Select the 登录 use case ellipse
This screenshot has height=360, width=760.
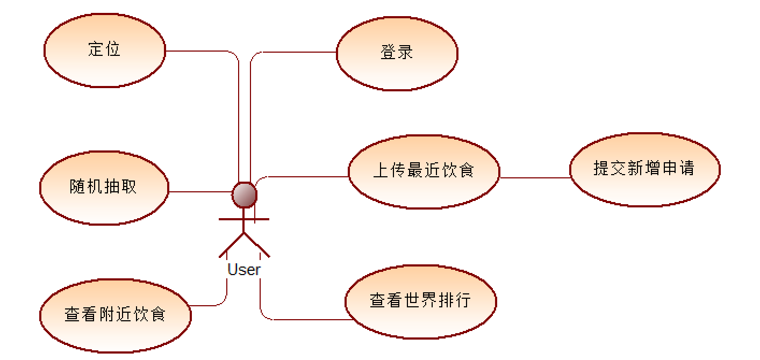pos(397,53)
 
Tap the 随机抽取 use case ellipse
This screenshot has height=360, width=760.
pos(104,188)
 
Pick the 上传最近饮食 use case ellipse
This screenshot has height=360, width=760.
pos(424,171)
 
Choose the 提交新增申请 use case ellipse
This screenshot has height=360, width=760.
pos(644,169)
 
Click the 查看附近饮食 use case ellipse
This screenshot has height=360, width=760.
pos(116,315)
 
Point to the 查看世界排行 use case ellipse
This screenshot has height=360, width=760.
pos(420,301)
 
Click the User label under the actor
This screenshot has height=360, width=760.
pos(244,270)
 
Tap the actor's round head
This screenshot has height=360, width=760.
pos(244,194)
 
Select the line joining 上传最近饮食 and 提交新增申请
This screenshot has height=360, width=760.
pos(535,177)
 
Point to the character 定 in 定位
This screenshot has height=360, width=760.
pos(96,49)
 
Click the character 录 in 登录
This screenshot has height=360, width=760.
pos(406,53)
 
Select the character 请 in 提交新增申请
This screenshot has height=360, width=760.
pos(686,168)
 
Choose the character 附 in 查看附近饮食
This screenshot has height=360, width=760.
pos(107,314)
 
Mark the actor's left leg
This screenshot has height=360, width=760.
pos(231,244)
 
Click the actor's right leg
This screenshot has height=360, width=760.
pos(257,244)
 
